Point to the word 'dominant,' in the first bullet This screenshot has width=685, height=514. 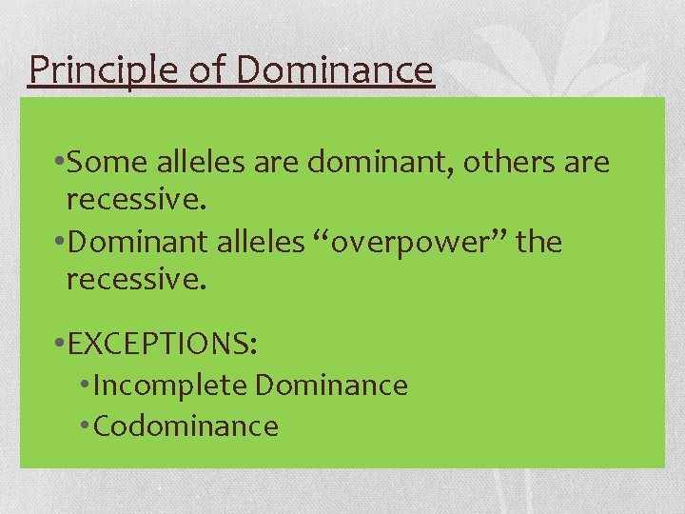pyautogui.click(x=381, y=163)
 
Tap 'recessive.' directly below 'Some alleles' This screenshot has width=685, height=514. pyautogui.click(x=137, y=202)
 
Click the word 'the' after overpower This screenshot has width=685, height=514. pyautogui.click(x=538, y=243)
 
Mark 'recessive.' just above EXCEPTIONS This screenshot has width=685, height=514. pyautogui.click(x=137, y=281)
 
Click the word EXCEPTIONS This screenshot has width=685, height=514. pyautogui.click(x=163, y=342)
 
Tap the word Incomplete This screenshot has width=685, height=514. pyautogui.click(x=171, y=385)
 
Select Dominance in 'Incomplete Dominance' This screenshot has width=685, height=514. pyautogui.click(x=331, y=385)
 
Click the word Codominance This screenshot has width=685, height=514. pyautogui.click(x=186, y=426)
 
